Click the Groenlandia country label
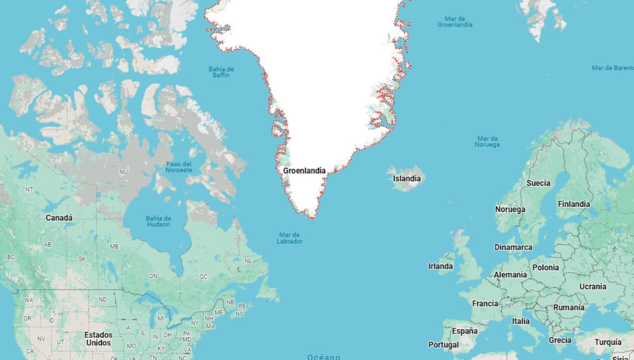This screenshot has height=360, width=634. coord(304,171)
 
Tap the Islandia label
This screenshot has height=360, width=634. coord(407,179)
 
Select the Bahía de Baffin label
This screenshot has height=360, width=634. coord(221,72)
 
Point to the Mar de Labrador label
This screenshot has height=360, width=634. coord(290,238)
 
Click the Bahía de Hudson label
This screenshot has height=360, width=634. coord(158,221)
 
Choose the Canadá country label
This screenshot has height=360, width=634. coord(59,218)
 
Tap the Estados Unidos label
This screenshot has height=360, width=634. coord(99,339)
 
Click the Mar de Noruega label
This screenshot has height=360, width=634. coord(487,141)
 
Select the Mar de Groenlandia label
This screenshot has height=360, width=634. coord(455,22)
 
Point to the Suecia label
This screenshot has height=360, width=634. coord(538,183)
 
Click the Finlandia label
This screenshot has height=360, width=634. coord(574,204)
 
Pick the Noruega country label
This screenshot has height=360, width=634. coord(510,209)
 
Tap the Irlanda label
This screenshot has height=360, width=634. coord(440,266)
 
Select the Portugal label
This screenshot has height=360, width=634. coord(443,345)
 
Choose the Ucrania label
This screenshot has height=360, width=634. coord(593,287)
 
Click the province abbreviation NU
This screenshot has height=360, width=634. coord(124,172)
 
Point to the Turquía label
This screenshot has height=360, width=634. coord(608,342)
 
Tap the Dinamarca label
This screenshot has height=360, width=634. coord(513,247)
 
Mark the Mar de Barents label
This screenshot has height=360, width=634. coord(612,68)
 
